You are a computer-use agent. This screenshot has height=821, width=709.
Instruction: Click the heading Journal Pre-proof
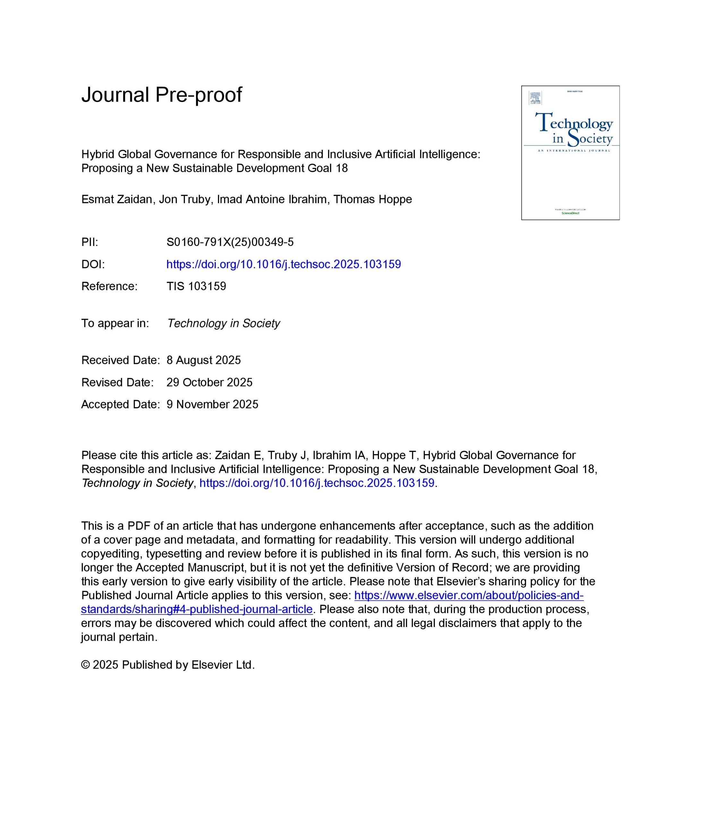tap(161, 95)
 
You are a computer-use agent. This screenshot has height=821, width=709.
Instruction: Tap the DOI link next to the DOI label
tap(283, 264)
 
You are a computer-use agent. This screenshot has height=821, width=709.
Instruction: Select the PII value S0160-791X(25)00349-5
tap(230, 242)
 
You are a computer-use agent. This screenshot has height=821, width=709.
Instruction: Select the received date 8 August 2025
tap(204, 360)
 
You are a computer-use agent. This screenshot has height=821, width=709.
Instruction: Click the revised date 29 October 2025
tap(209, 382)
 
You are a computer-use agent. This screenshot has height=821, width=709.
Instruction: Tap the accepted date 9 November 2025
tap(212, 404)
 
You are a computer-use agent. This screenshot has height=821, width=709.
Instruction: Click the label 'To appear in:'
tap(115, 323)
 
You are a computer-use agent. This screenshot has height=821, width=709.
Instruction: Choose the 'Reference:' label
tap(109, 286)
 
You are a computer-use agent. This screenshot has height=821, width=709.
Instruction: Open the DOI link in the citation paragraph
tap(317, 483)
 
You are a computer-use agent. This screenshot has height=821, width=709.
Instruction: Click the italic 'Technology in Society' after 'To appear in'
tap(224, 323)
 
